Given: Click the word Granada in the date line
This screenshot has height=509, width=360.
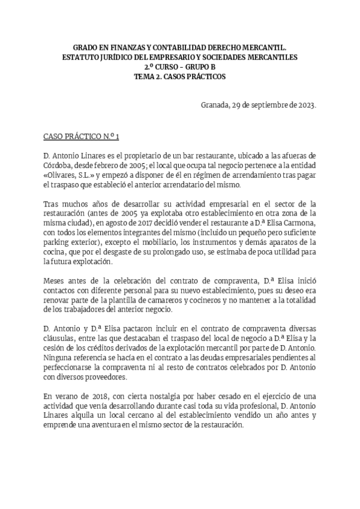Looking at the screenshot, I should click(x=215, y=106).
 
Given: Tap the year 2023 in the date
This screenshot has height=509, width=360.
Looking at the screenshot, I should click(x=305, y=106).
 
